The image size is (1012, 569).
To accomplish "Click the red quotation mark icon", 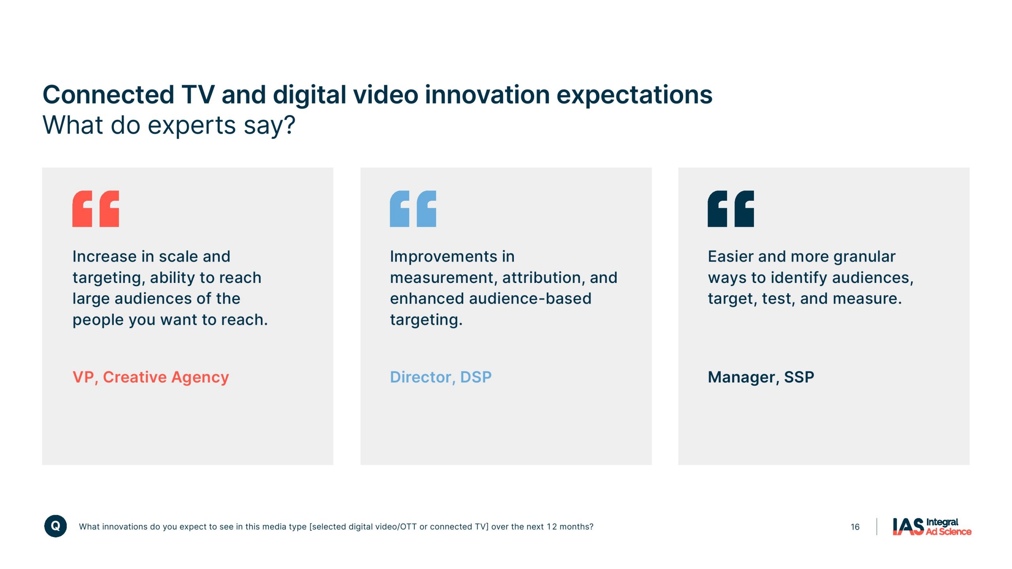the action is (96, 209).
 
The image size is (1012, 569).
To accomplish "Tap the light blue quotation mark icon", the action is (413, 209).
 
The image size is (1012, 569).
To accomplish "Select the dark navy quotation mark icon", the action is (731, 209).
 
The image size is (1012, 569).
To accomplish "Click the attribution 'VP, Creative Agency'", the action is (151, 377).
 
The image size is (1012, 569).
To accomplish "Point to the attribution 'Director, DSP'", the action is (441, 377).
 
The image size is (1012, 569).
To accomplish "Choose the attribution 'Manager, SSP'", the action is (761, 377).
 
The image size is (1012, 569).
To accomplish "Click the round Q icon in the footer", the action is (55, 526).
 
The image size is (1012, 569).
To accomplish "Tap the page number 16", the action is (855, 527).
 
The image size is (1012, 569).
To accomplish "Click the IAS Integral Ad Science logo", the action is (932, 527).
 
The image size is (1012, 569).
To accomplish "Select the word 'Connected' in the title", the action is (108, 95).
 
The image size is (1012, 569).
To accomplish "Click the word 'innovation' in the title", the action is (487, 95).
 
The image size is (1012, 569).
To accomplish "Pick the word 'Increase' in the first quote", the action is (105, 256).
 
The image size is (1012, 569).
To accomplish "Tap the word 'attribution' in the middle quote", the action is (542, 278).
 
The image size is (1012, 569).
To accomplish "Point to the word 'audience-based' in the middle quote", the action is (530, 298).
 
